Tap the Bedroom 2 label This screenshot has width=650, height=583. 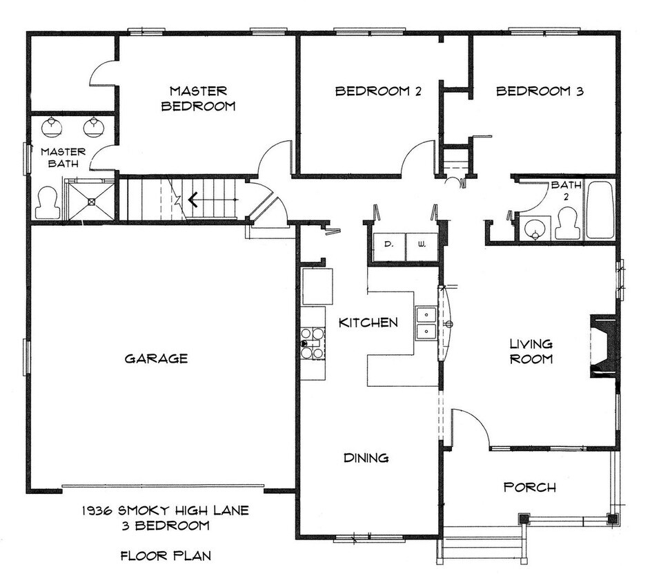click(378, 91)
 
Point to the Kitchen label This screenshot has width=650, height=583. click(368, 323)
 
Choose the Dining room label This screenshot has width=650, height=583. click(366, 458)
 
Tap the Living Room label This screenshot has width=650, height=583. click(531, 351)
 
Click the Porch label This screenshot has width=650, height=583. click(530, 488)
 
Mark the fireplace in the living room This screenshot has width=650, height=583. click(603, 347)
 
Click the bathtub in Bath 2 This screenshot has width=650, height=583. click(599, 210)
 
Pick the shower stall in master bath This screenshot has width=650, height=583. click(90, 200)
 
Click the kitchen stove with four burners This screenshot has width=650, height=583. click(313, 343)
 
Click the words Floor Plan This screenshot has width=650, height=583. click(165, 555)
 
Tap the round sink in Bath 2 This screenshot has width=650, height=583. click(534, 229)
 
